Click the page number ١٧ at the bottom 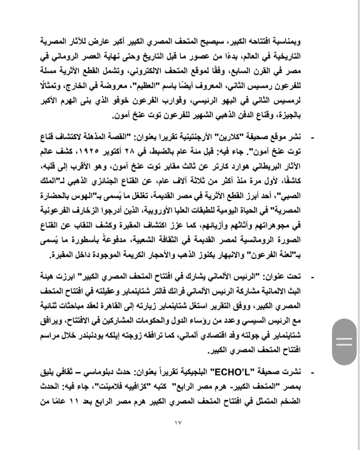[178, 423]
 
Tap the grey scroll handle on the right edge [344, 342]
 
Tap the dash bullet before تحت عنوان [312, 277]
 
